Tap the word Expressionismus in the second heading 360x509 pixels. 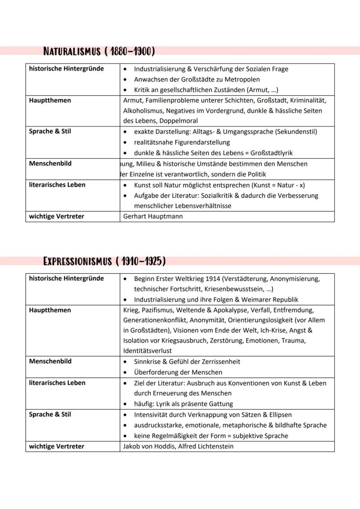tap(77, 261)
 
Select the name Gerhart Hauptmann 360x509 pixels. tap(153, 216)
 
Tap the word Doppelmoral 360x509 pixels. tap(179, 121)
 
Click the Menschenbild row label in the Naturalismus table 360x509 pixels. tap(50, 164)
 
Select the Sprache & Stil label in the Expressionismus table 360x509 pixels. tap(50, 415)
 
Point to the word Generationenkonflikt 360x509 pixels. tap(158, 320)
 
